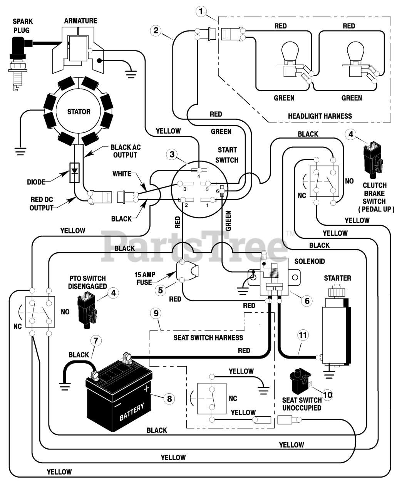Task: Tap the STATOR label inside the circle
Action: [79, 112]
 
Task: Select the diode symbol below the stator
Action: [74, 173]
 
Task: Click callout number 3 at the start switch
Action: [172, 154]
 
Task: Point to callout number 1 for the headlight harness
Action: [201, 11]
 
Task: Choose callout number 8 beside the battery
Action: [169, 399]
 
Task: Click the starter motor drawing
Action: [336, 325]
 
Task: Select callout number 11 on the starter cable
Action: [303, 335]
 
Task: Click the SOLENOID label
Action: [310, 261]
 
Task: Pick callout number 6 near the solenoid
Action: [307, 301]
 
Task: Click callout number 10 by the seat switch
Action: [327, 395]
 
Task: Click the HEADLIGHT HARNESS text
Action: [320, 116]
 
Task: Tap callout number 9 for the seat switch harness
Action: [156, 313]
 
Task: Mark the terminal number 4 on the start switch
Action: [199, 176]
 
